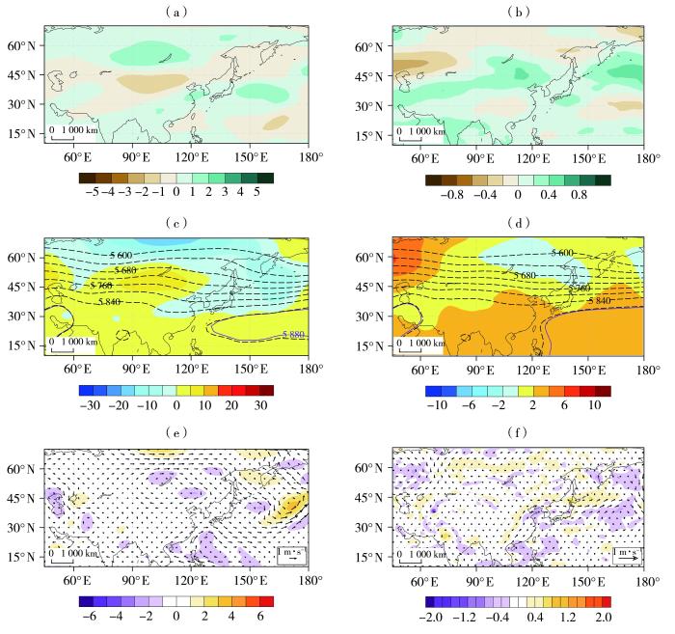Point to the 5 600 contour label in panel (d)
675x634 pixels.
(567, 253)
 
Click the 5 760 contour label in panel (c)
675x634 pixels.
(101, 286)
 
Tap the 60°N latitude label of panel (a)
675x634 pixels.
(20, 46)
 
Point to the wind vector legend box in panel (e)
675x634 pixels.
(291, 555)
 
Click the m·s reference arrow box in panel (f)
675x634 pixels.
(628, 555)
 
